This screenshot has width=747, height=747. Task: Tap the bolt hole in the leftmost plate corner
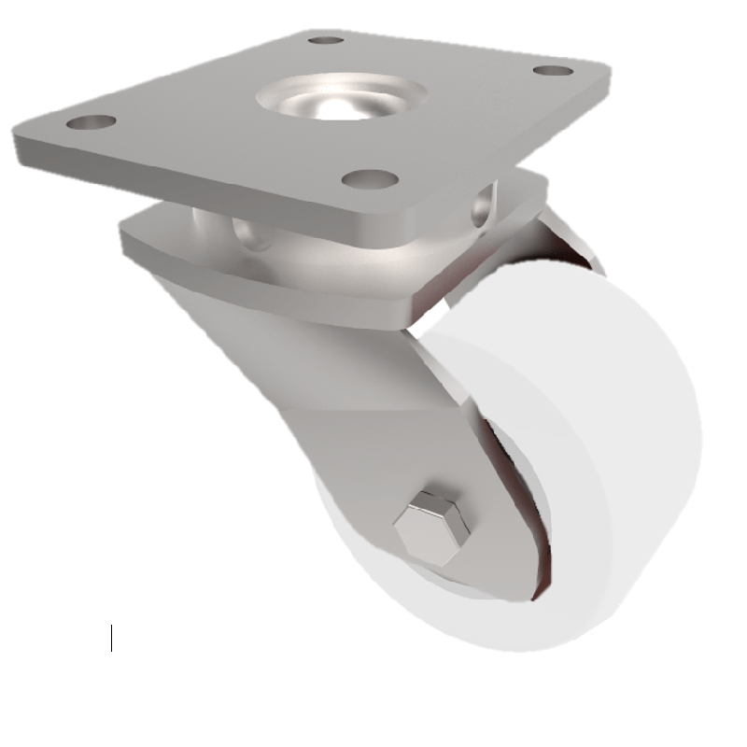pyautogui.click(x=92, y=122)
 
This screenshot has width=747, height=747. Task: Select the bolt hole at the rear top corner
pyautogui.click(x=326, y=40)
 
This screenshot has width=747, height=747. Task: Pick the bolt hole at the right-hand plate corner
pyautogui.click(x=553, y=70)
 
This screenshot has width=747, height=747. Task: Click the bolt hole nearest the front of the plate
pyautogui.click(x=371, y=178)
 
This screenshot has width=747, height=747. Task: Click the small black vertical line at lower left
pyautogui.click(x=111, y=639)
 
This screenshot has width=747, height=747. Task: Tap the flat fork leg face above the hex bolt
pyautogui.click(x=392, y=439)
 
